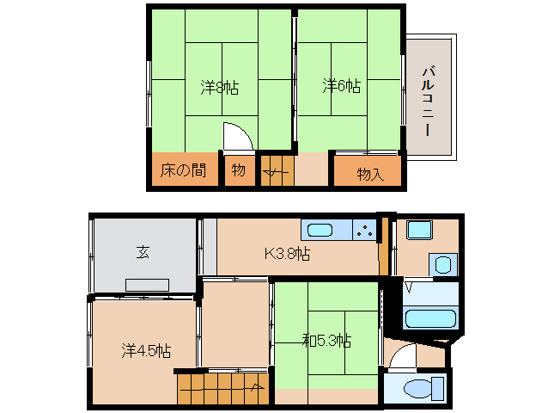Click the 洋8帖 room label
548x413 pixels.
(x=220, y=86)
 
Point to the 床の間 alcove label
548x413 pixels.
(x=183, y=170)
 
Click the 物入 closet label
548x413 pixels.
(x=369, y=173)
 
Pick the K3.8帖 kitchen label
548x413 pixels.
(x=287, y=253)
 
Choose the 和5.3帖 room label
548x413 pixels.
(x=326, y=340)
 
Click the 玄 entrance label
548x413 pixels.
(x=143, y=252)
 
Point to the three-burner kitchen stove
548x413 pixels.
(x=364, y=231)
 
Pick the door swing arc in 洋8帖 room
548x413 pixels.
(x=236, y=137)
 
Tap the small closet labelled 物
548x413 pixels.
(x=238, y=170)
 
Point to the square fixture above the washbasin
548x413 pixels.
(x=421, y=231)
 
